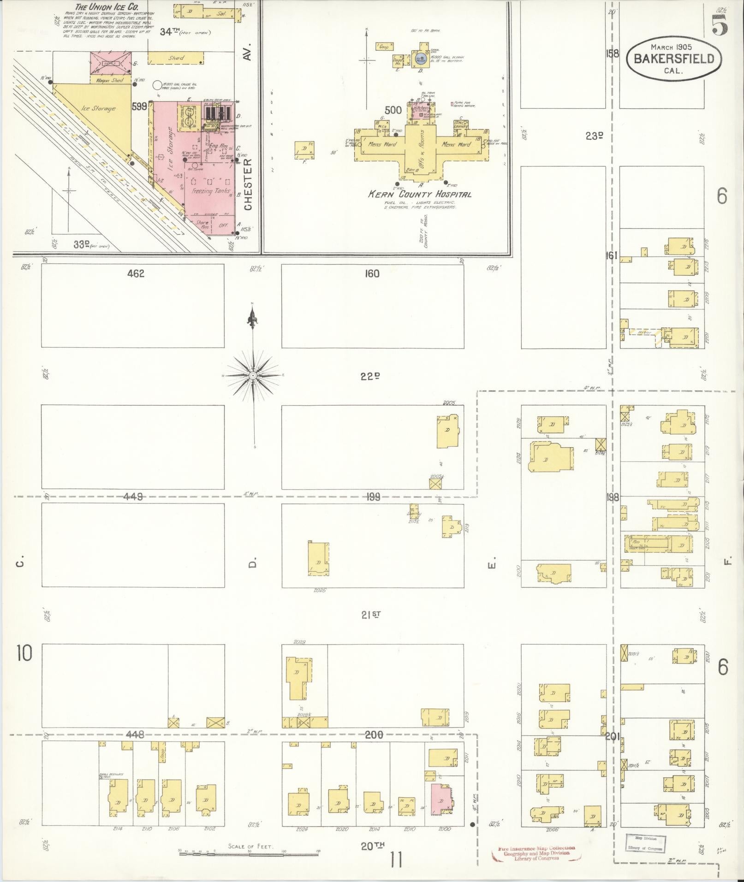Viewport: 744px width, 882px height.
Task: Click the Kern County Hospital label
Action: coord(419,194)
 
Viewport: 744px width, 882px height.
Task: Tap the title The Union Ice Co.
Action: coord(107,7)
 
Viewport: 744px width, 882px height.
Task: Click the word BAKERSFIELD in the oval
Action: coord(673,59)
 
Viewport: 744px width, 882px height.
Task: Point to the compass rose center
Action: coord(253,376)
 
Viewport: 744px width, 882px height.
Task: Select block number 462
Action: coord(136,274)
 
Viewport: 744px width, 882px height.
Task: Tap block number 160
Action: coord(372,274)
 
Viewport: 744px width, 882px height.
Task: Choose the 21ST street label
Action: coord(371,614)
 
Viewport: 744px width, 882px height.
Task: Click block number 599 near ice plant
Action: coord(139,107)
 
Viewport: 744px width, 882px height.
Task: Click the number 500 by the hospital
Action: coord(393,110)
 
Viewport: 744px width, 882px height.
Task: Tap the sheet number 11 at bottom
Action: coord(396,860)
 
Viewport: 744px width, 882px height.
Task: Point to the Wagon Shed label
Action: coord(110,80)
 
